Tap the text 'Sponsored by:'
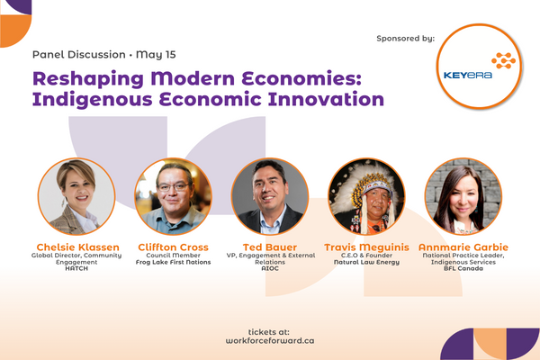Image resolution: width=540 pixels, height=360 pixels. tap(408, 39)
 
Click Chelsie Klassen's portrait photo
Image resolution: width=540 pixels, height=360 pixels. tap(76, 196)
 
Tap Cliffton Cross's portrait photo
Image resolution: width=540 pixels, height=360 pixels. tap(173, 196)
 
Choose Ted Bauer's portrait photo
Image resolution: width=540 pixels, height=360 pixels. tap(269, 196)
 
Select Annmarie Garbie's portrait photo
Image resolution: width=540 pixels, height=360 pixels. tap(463, 196)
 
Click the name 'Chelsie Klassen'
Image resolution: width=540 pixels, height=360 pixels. tap(76, 247)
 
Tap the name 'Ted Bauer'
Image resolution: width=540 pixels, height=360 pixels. tap(269, 247)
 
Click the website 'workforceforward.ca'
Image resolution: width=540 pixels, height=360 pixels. tap(270, 341)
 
